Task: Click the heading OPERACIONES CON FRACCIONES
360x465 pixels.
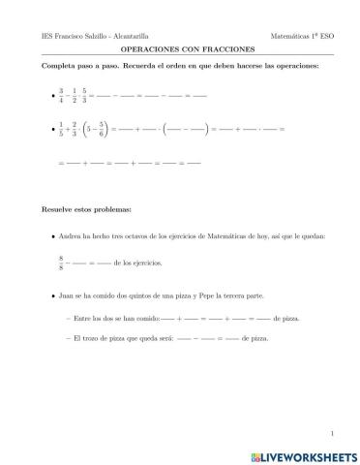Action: click(x=180, y=46)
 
